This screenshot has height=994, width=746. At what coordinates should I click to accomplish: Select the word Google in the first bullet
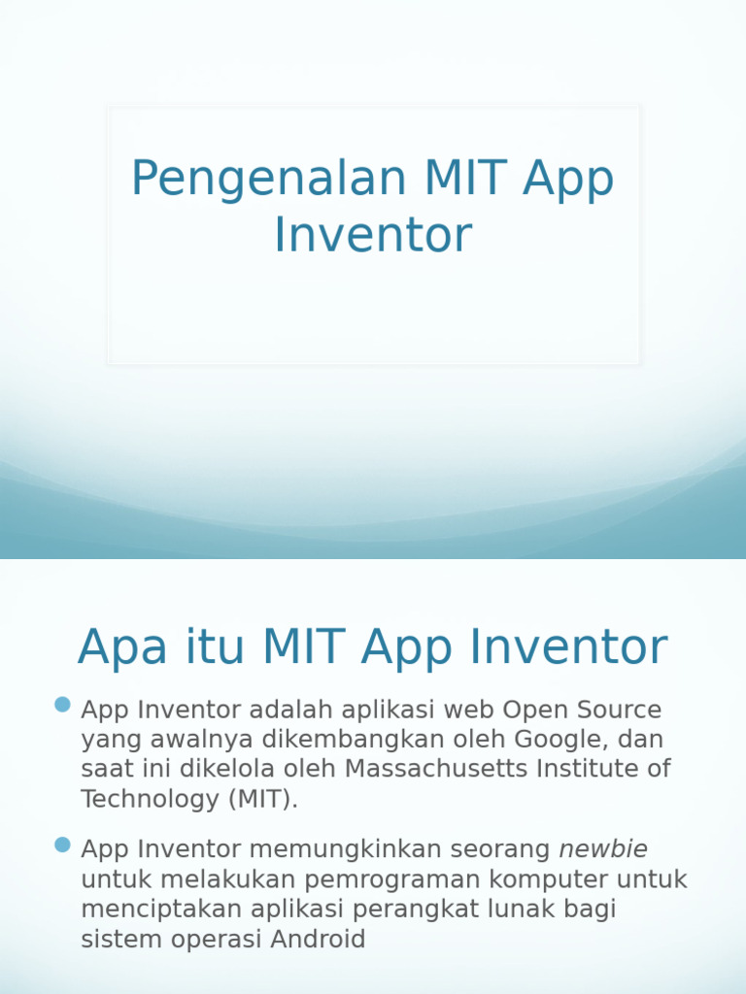[557, 739]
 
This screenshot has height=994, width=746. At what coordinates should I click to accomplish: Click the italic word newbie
[603, 849]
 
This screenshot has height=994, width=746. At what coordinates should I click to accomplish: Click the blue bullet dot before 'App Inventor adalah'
[63, 704]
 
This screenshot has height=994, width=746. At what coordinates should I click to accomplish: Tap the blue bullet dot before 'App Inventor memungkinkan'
[63, 845]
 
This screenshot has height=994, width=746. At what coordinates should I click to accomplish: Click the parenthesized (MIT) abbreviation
[264, 799]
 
